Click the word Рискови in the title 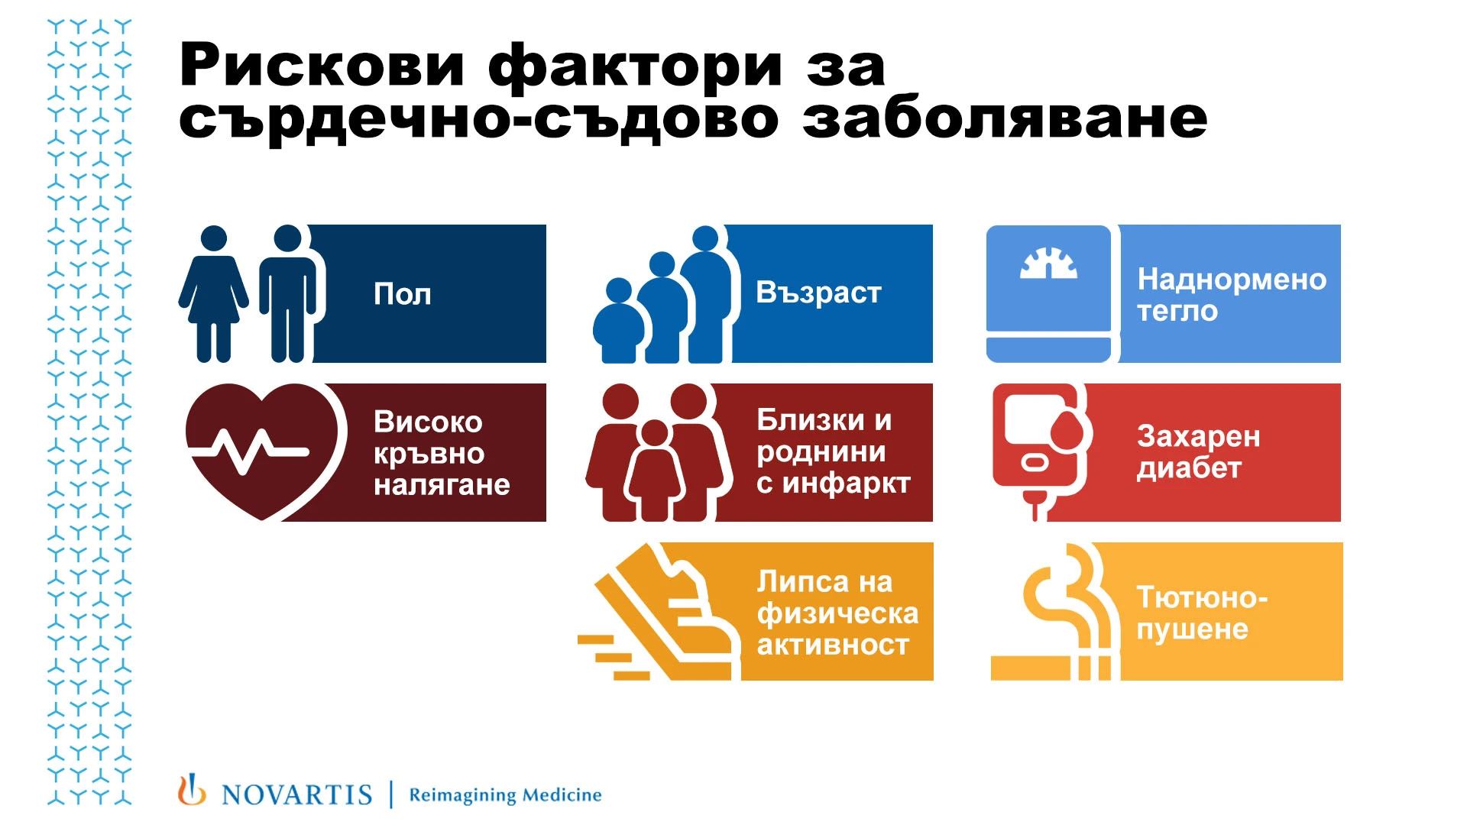tap(322, 66)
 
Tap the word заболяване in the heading tap(1005, 119)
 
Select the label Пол tap(403, 294)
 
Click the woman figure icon tap(213, 293)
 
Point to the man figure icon tap(287, 293)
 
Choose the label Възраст tap(818, 293)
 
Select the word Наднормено tap(1232, 280)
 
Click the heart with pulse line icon tap(261, 451)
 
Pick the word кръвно tap(429, 455)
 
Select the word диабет tap(1189, 468)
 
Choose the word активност tap(833, 645)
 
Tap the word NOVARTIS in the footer tap(296, 795)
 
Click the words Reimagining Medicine tap(505, 795)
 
